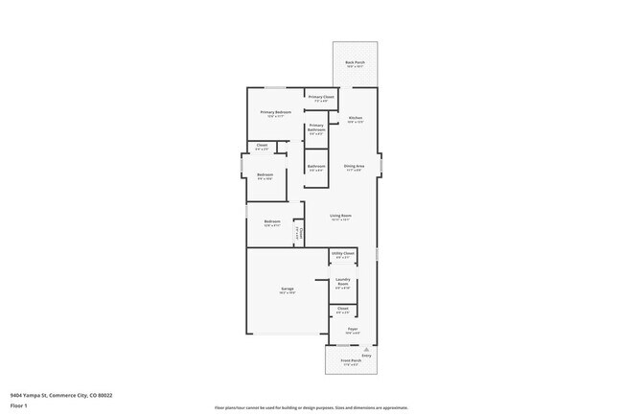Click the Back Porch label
(x=355, y=63)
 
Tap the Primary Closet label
(x=321, y=97)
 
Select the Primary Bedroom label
(x=275, y=112)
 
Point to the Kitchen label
(x=355, y=118)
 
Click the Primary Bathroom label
(x=317, y=129)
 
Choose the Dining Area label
(x=354, y=166)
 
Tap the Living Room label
(x=340, y=216)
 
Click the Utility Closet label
(x=343, y=253)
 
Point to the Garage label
(x=287, y=289)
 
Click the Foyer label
(x=353, y=330)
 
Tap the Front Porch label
(x=350, y=360)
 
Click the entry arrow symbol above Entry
(x=353, y=347)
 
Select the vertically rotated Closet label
(x=298, y=233)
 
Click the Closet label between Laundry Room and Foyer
(x=342, y=309)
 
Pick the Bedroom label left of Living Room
(x=271, y=222)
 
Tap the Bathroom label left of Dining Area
(x=316, y=166)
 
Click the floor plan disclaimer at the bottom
(x=311, y=407)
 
